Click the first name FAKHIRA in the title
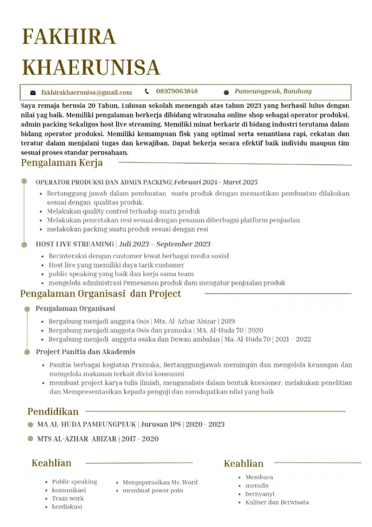click(x=68, y=37)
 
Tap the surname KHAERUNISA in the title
click(x=91, y=67)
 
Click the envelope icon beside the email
click(x=33, y=93)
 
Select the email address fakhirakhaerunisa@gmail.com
click(x=86, y=92)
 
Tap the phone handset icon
click(x=147, y=91)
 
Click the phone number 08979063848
click(x=177, y=91)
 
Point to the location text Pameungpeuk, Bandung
click(x=273, y=91)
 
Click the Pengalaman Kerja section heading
click(x=62, y=163)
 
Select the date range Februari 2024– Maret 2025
click(x=216, y=182)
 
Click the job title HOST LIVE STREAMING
click(x=75, y=245)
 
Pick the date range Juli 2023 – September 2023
click(x=164, y=245)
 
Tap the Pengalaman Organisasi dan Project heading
click(x=101, y=294)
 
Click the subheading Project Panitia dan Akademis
click(x=85, y=352)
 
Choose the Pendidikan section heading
click(x=53, y=412)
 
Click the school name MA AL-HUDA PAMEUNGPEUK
click(x=87, y=425)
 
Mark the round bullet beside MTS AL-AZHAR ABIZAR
click(x=31, y=438)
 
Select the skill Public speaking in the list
click(x=74, y=482)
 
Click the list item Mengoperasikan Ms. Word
click(x=160, y=482)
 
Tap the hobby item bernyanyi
click(x=260, y=494)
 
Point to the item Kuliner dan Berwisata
click(x=277, y=502)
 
